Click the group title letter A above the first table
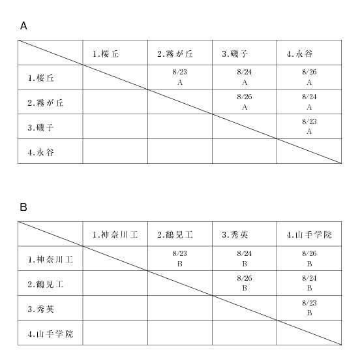click(23, 26)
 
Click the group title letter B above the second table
click(23, 207)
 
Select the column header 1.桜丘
click(106, 54)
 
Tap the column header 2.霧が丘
click(175, 54)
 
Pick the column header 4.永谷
click(299, 54)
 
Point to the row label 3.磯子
click(40, 127)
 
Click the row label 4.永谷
click(40, 152)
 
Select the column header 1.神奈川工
click(115, 235)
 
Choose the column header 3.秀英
click(235, 235)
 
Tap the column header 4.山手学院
click(309, 235)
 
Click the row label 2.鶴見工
click(45, 284)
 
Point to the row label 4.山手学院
click(50, 334)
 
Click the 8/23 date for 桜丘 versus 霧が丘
click(179, 72)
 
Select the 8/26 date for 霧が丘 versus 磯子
click(245, 97)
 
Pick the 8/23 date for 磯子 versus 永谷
click(309, 121)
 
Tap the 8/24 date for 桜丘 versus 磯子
click(245, 72)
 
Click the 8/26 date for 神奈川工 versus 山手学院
click(309, 253)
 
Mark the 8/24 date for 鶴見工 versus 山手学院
click(309, 278)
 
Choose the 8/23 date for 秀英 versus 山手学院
click(309, 303)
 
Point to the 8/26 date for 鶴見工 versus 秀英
click(245, 278)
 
